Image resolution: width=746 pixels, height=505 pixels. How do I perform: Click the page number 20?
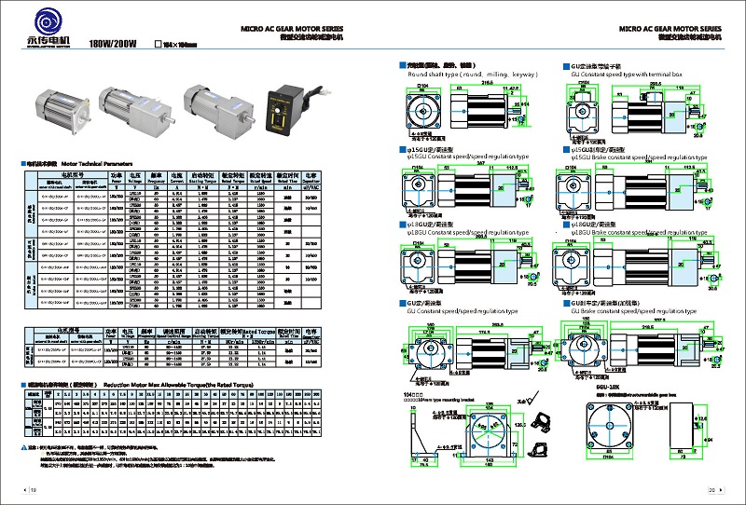click(711, 490)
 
